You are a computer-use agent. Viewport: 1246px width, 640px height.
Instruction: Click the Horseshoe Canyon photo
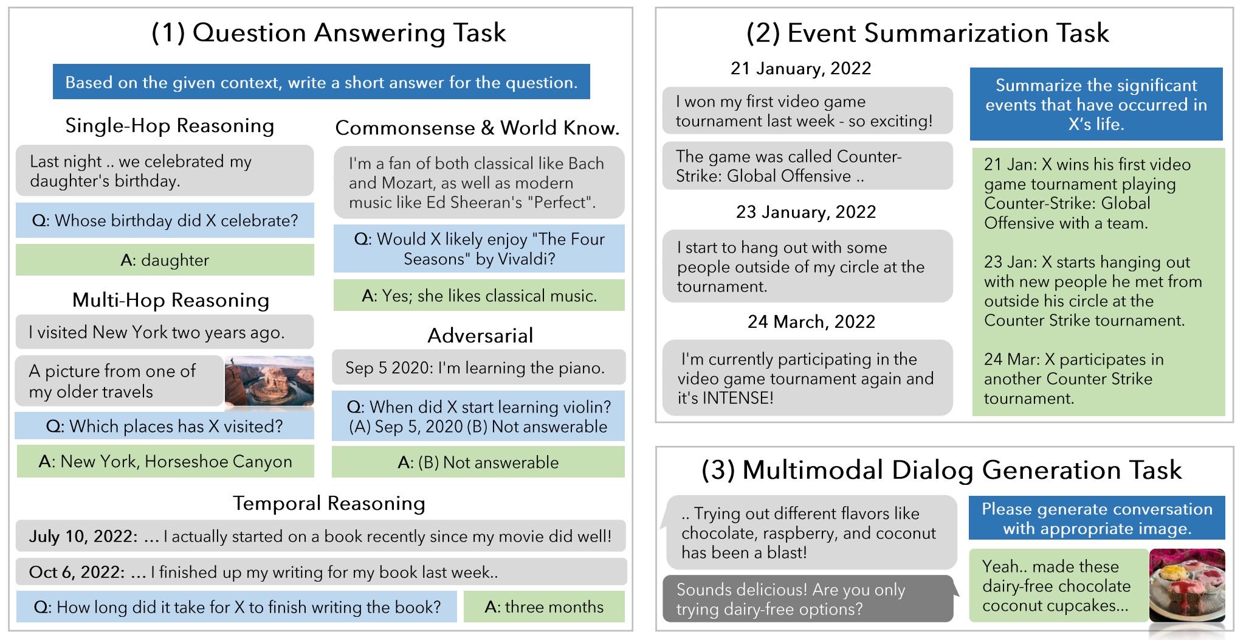(x=269, y=381)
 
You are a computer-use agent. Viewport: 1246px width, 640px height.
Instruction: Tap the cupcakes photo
(x=1187, y=585)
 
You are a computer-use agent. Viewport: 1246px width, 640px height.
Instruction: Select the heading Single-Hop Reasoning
(x=170, y=125)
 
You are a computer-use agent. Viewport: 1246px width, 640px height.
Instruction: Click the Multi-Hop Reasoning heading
(x=171, y=300)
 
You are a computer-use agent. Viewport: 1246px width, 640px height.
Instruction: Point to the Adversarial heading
(x=480, y=335)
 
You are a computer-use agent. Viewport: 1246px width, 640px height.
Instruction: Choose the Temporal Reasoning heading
(x=329, y=503)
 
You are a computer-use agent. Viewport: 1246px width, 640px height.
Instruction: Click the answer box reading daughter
(x=165, y=260)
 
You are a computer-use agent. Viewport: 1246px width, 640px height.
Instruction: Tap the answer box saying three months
(x=544, y=607)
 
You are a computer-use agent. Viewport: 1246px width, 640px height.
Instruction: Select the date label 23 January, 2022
(x=806, y=212)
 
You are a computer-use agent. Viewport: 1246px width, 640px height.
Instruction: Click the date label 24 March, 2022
(x=811, y=321)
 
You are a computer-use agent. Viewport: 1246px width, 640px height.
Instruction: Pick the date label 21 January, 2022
(x=801, y=68)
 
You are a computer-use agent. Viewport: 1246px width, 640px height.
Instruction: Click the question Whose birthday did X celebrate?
(x=165, y=220)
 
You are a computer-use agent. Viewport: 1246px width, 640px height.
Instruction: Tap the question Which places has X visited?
(x=165, y=426)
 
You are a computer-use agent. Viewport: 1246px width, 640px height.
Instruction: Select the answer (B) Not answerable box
(x=478, y=462)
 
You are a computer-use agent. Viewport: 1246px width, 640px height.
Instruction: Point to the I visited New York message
(x=165, y=332)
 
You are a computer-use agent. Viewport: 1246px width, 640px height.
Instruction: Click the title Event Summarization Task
(x=928, y=33)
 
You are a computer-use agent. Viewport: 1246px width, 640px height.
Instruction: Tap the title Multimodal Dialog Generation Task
(x=941, y=470)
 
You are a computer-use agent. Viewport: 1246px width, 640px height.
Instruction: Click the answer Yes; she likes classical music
(x=479, y=296)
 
